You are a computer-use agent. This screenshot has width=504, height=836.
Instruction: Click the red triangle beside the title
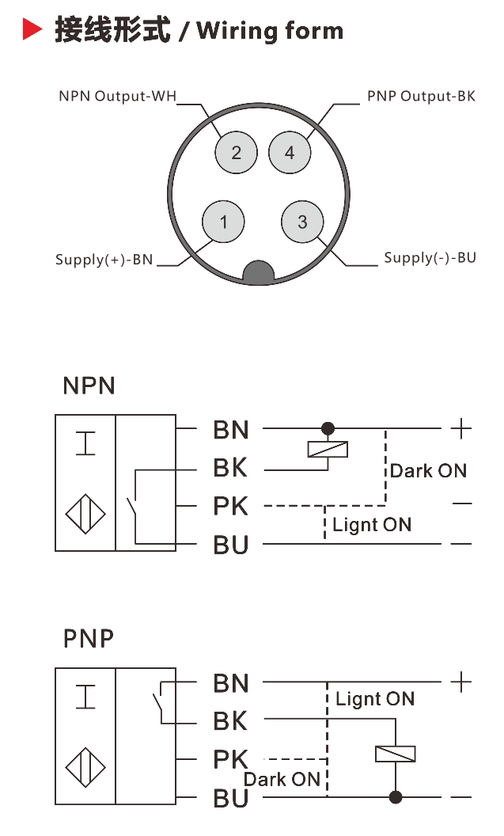click(32, 31)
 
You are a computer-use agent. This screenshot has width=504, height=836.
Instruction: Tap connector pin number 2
click(236, 151)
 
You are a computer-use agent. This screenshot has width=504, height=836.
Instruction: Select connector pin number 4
click(289, 151)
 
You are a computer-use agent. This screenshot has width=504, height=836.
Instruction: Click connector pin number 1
click(224, 222)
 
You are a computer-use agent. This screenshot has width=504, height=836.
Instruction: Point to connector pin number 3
click(302, 222)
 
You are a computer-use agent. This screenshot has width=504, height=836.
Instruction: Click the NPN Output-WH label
click(116, 97)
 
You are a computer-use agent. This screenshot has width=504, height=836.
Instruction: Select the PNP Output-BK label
click(421, 97)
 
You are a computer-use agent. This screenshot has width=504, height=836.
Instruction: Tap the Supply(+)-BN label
click(104, 260)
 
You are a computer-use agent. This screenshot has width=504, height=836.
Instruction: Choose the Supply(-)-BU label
click(430, 258)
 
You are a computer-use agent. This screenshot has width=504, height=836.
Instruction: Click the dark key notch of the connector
click(259, 274)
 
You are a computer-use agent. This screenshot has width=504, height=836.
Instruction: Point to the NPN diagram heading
click(89, 386)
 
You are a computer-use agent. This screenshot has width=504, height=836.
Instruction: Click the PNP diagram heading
click(89, 638)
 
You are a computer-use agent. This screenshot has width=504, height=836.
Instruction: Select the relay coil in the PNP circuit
click(395, 754)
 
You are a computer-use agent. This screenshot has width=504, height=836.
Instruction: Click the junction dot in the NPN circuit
click(327, 428)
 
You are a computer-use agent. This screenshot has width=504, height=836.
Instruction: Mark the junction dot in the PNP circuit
click(395, 796)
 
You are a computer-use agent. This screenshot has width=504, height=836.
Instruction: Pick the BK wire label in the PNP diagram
click(230, 721)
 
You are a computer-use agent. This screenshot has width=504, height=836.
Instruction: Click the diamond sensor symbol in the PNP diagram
click(85, 768)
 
